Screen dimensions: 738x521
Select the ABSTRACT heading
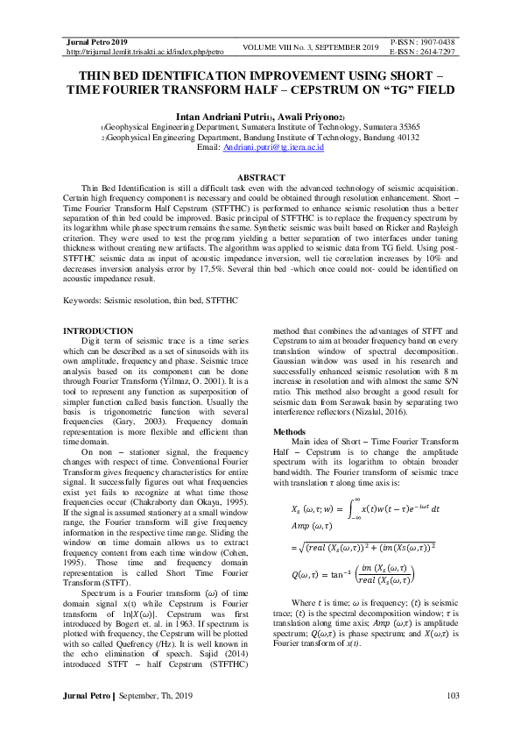260,178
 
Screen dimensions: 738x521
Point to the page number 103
453,721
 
